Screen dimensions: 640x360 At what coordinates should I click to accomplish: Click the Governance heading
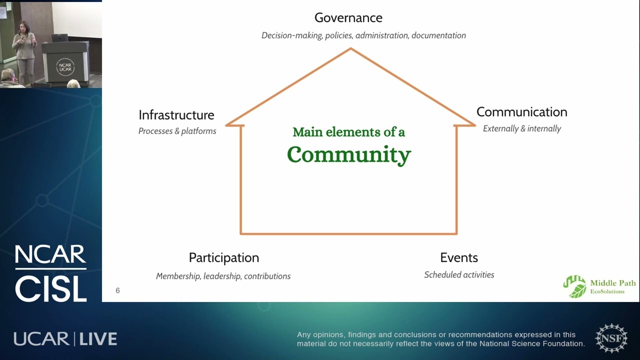click(x=348, y=18)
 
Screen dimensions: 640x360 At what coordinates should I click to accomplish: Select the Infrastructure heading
click(x=176, y=115)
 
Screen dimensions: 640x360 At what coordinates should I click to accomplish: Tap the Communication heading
click(x=521, y=112)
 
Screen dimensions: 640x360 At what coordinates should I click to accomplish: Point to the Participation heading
click(x=224, y=258)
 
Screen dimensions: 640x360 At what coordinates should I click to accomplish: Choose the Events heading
click(x=459, y=257)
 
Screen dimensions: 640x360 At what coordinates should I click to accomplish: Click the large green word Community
click(x=349, y=155)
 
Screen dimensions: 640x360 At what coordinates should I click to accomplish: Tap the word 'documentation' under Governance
click(x=438, y=35)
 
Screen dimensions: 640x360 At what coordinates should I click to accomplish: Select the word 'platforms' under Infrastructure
click(x=198, y=131)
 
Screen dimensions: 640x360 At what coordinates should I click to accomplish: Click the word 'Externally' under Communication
click(x=500, y=128)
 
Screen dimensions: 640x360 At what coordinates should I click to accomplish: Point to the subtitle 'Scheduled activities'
click(x=459, y=274)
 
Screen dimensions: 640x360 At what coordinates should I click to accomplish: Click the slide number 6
click(x=117, y=290)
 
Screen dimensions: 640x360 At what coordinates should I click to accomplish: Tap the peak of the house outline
click(x=351, y=49)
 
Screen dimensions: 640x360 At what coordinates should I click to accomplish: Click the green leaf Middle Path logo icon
click(x=575, y=286)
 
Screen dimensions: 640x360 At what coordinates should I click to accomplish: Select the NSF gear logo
click(x=611, y=338)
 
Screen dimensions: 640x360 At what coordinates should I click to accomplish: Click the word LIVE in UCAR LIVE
click(x=98, y=339)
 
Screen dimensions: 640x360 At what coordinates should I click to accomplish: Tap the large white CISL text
click(x=51, y=289)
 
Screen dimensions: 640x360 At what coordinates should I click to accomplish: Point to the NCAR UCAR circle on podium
click(x=65, y=67)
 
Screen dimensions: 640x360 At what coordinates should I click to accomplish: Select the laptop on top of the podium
click(x=59, y=38)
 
